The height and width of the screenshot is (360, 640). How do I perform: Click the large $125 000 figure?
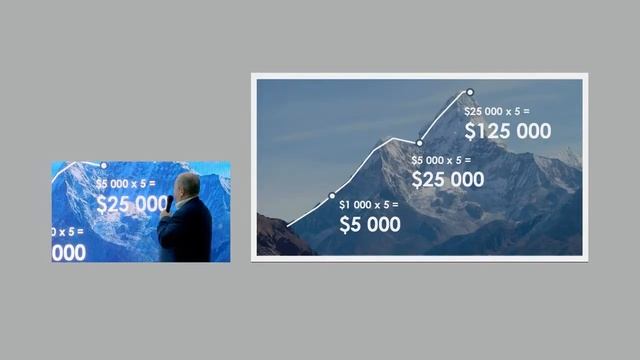pyautogui.click(x=507, y=130)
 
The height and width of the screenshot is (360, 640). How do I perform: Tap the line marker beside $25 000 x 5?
pyautogui.click(x=469, y=92)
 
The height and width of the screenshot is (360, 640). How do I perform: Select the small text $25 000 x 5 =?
pyautogui.click(x=497, y=111)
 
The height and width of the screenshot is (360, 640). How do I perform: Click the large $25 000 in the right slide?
pyautogui.click(x=448, y=180)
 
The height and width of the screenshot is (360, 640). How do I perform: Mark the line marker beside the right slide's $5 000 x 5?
pyautogui.click(x=419, y=143)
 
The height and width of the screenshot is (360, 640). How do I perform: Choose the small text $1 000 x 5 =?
pyautogui.click(x=369, y=205)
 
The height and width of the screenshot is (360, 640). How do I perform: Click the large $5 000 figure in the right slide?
pyautogui.click(x=370, y=225)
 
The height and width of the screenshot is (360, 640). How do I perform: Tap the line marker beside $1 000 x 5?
pyautogui.click(x=332, y=196)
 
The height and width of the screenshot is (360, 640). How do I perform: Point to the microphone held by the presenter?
pyautogui.click(x=170, y=203)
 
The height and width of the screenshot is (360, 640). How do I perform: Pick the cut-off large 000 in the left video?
pyautogui.click(x=69, y=252)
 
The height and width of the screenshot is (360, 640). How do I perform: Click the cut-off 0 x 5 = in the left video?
pyautogui.click(x=69, y=232)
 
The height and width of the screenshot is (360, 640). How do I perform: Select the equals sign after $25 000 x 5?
pyautogui.click(x=526, y=111)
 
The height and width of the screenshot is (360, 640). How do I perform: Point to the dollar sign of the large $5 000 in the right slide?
pyautogui.click(x=345, y=225)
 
